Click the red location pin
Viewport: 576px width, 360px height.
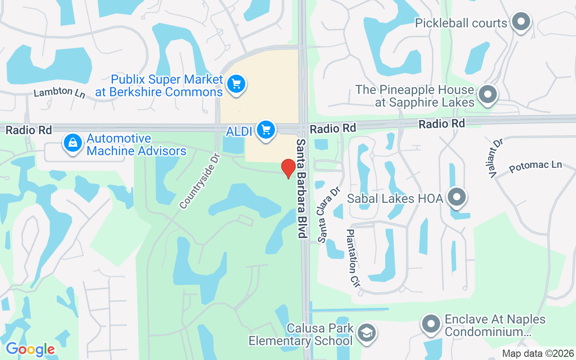[x=288, y=168]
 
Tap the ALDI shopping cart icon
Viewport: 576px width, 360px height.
[x=266, y=130]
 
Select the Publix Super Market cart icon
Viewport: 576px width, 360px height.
[x=236, y=84]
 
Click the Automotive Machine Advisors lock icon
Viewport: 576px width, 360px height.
[x=72, y=144]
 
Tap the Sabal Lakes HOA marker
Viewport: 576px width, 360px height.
[x=457, y=197]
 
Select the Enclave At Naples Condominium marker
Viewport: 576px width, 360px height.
[x=431, y=324]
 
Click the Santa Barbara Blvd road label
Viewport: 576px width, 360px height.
[x=301, y=188]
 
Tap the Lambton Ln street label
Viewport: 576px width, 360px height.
[x=59, y=92]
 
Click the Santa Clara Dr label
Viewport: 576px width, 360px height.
[x=328, y=215]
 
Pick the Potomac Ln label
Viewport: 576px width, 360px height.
[x=535, y=166]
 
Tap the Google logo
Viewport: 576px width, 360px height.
[x=30, y=349]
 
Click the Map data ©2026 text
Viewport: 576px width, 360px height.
[x=538, y=353]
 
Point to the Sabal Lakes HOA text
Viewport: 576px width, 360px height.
[x=395, y=198]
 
